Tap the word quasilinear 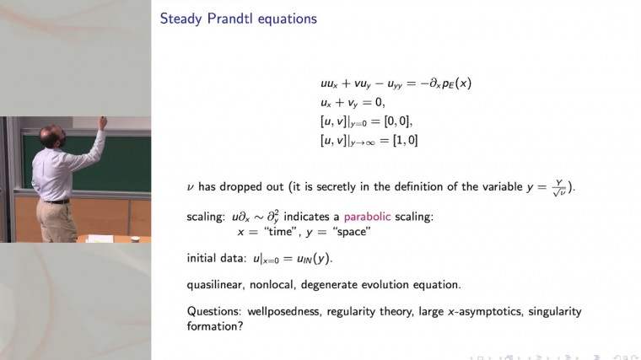[x=216, y=284]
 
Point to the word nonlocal [x=277, y=284]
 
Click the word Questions [x=212, y=311]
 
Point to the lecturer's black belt [x=56, y=201]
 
